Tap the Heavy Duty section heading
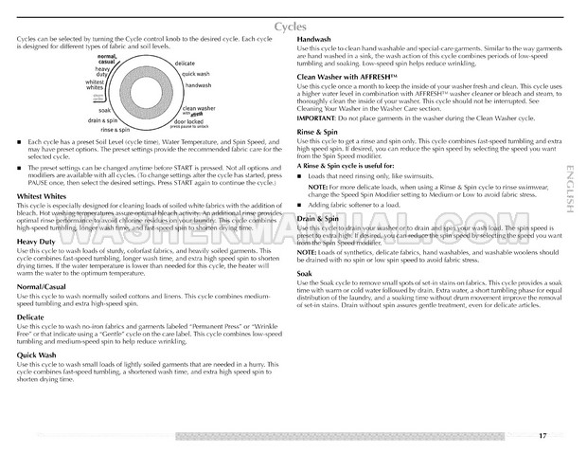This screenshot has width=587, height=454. (35, 242)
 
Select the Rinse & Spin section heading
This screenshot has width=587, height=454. (320, 132)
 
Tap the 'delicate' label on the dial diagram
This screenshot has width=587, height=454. (185, 63)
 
